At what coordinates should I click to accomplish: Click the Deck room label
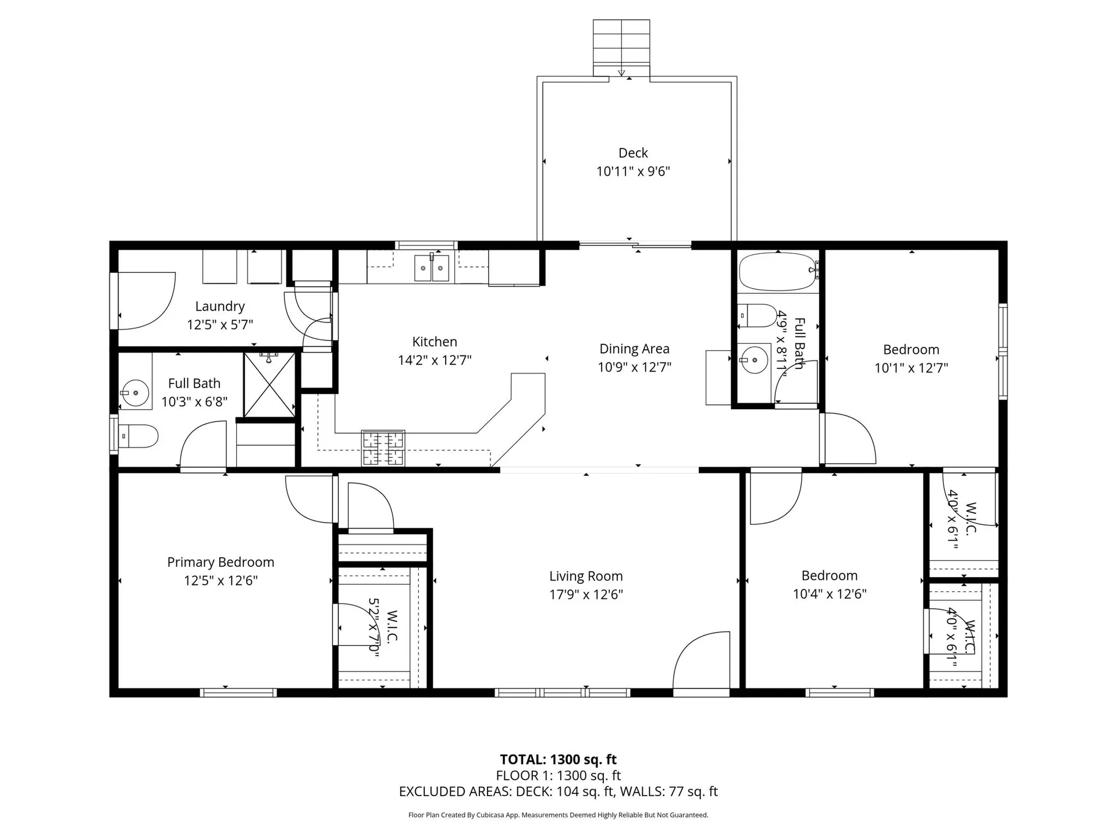(x=633, y=152)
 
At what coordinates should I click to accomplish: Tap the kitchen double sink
(x=432, y=268)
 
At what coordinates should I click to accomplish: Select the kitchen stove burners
(x=383, y=449)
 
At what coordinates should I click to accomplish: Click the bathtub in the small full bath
(x=778, y=271)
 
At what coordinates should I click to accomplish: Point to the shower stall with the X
(x=269, y=385)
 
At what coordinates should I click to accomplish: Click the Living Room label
(x=586, y=576)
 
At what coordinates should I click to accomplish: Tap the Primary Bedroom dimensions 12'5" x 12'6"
(x=220, y=580)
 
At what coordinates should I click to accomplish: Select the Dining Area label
(x=634, y=349)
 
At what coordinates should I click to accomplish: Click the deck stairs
(x=621, y=48)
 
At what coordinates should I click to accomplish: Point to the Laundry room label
(x=220, y=306)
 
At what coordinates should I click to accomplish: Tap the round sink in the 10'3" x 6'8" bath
(x=135, y=393)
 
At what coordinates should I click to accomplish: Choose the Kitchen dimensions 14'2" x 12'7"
(x=435, y=360)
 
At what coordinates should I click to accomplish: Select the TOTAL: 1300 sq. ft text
(x=558, y=759)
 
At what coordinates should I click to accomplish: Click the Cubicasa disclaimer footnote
(x=558, y=815)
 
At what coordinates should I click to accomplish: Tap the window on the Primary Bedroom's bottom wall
(x=238, y=693)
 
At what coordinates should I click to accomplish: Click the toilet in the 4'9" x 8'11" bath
(x=757, y=316)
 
